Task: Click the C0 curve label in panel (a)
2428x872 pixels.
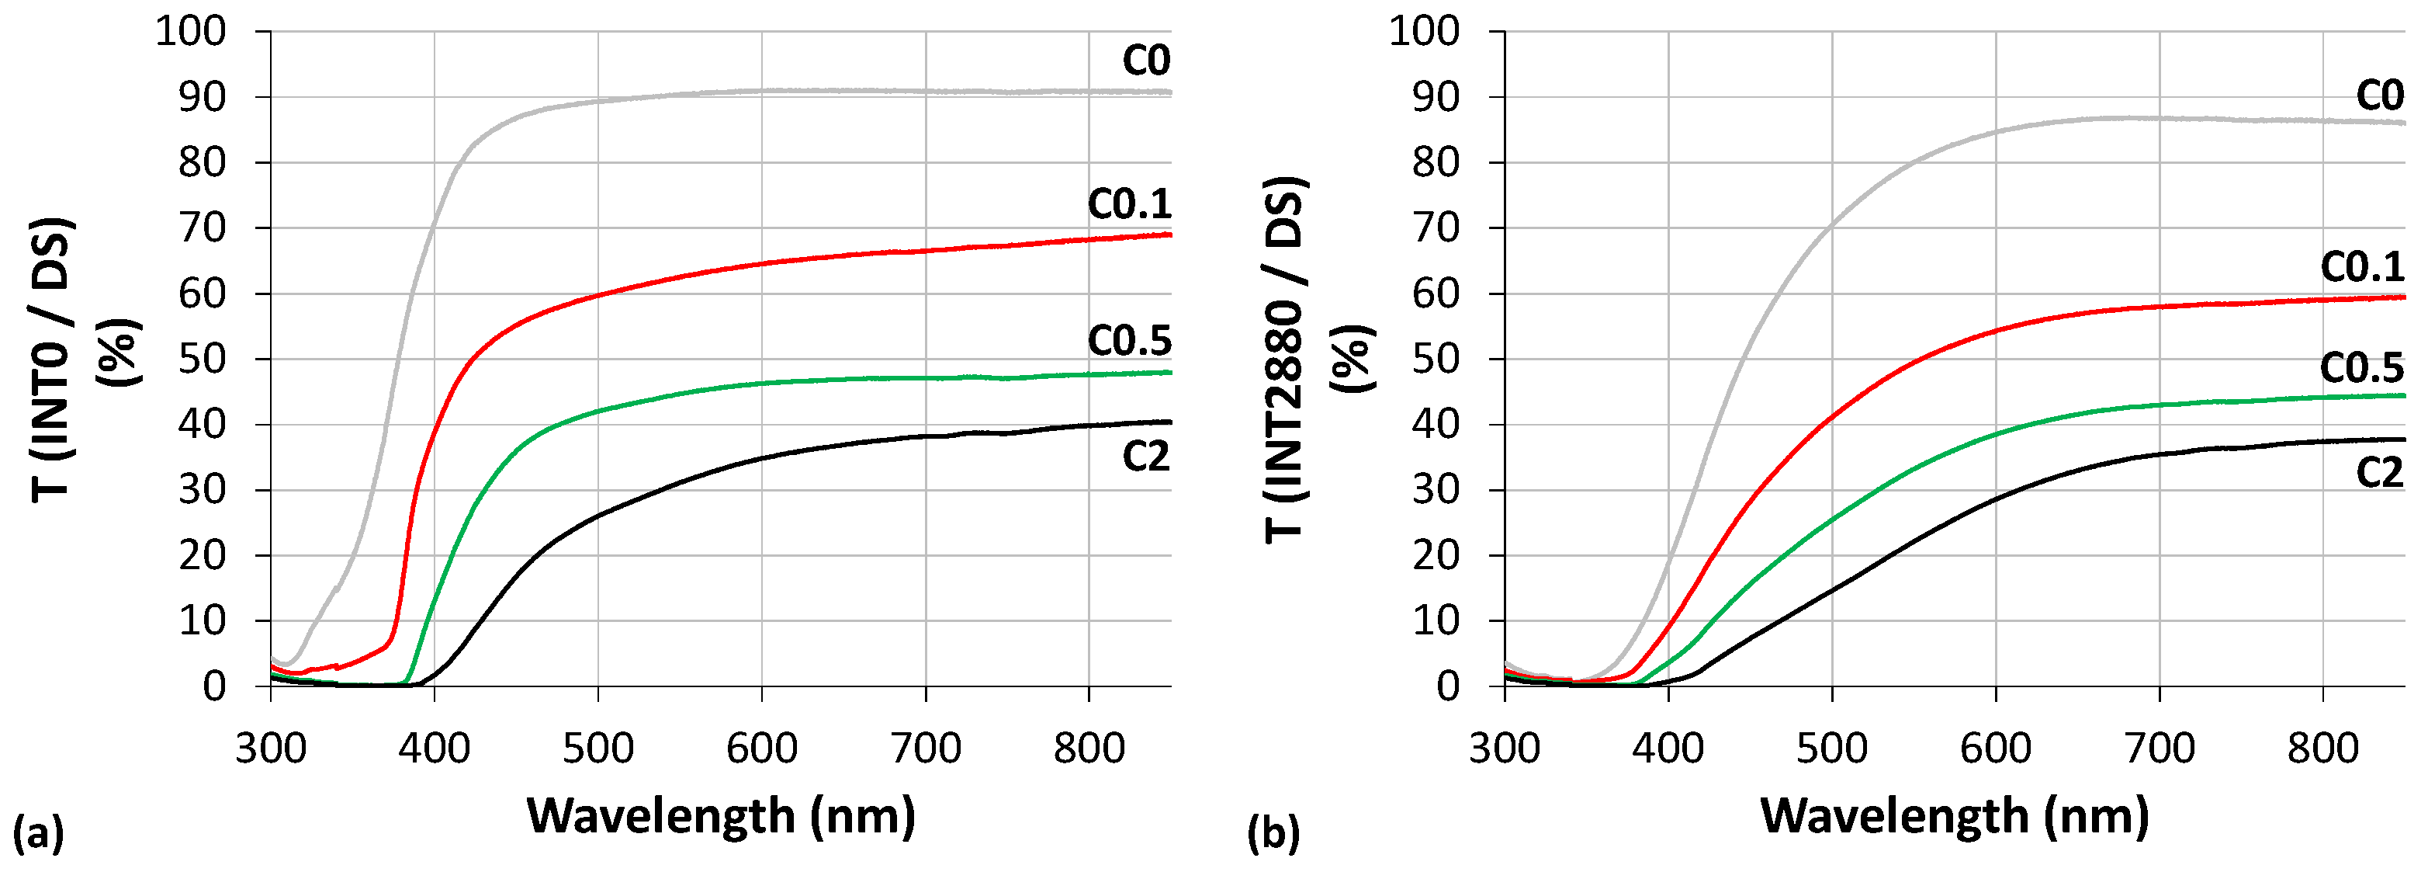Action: pos(1145,61)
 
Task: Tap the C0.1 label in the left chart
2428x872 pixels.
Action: pos(1129,203)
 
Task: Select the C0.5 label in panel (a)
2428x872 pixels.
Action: pos(1129,340)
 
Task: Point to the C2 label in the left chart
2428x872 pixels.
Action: pos(1145,457)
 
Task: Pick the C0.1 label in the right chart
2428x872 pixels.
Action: pos(2362,267)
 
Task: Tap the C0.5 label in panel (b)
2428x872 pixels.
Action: pos(2362,367)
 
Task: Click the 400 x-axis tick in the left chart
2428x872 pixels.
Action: pos(434,749)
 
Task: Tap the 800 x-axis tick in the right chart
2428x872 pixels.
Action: pos(2322,749)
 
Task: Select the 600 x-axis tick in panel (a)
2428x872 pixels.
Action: pos(761,749)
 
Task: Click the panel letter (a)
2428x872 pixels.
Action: pos(38,833)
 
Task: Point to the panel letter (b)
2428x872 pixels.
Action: pos(1273,833)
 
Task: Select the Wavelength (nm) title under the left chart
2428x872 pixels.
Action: pos(721,815)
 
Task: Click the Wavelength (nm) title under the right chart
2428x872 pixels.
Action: pos(1955,815)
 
